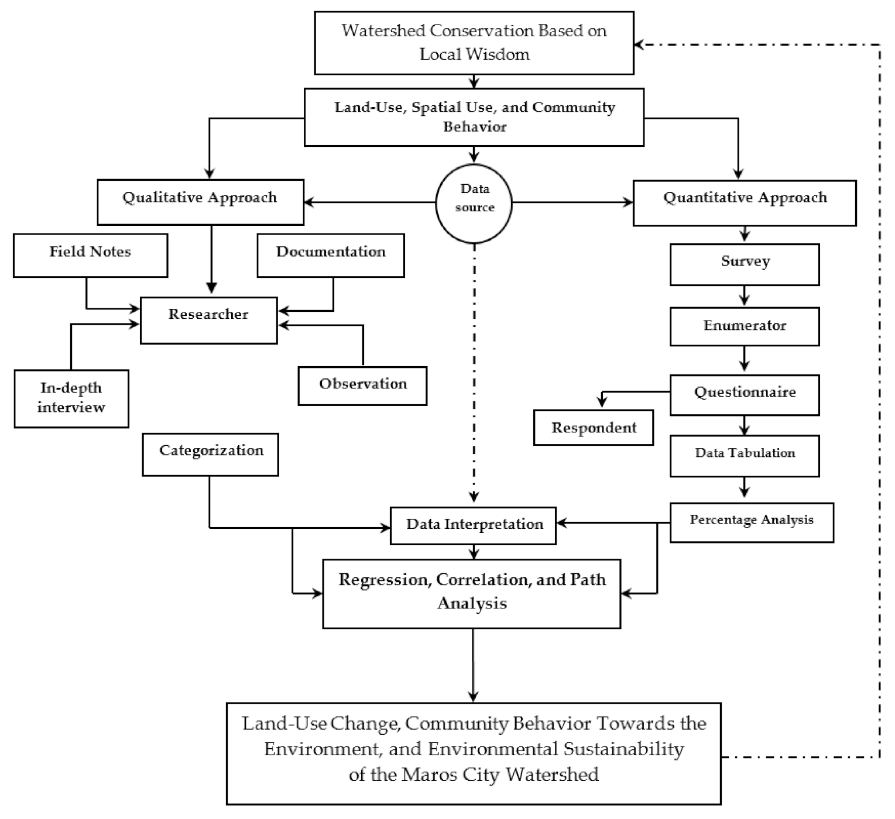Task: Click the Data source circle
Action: (x=474, y=203)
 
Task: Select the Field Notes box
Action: (x=90, y=255)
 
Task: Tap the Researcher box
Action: (x=208, y=320)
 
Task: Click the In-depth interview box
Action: (x=71, y=398)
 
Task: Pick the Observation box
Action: (x=362, y=386)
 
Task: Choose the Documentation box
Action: (x=331, y=255)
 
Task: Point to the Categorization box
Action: (x=211, y=454)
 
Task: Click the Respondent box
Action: (x=593, y=428)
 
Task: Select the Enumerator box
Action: (x=744, y=326)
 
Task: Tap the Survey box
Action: (x=744, y=264)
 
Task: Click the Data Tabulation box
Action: (x=744, y=455)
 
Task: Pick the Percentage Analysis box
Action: (x=751, y=522)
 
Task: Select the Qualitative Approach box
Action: (x=200, y=202)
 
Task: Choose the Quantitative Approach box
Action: (x=744, y=202)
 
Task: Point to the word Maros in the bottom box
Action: (x=424, y=775)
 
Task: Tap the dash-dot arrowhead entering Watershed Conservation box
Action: (x=639, y=44)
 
